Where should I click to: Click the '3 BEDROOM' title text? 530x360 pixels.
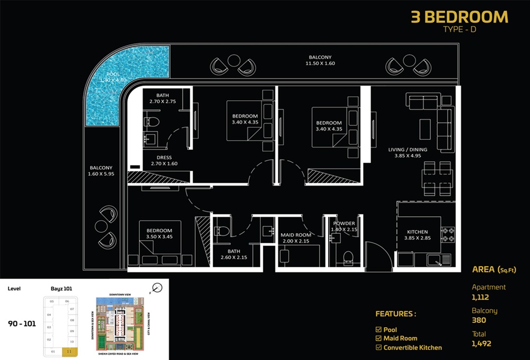[x=460, y=17]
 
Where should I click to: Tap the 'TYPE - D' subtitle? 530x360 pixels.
[x=460, y=30]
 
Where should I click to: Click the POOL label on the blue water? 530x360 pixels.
[x=113, y=74]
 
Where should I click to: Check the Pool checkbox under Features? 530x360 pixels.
[x=378, y=329]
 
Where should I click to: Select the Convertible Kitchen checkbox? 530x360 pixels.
[x=378, y=347]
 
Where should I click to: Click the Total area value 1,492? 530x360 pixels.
[x=482, y=344]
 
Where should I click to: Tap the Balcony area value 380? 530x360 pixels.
[x=479, y=320]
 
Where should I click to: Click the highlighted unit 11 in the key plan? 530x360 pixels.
[x=69, y=350]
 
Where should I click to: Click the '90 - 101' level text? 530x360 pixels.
[x=22, y=323]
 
